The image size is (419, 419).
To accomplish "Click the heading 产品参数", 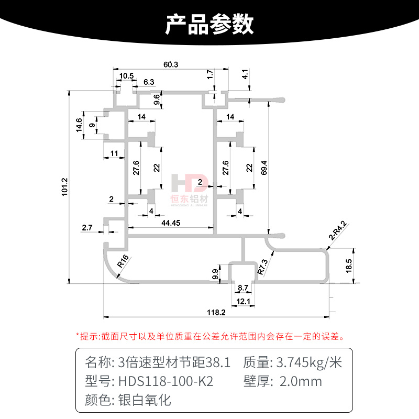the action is tap(210, 24).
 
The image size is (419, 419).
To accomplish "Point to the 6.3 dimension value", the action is tap(149, 82).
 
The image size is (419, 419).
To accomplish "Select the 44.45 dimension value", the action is tap(171, 223).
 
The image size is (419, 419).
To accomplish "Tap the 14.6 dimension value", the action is tap(79, 126).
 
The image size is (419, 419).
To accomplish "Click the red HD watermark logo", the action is tap(190, 183).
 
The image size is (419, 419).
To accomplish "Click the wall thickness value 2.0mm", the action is tap(302, 381).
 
